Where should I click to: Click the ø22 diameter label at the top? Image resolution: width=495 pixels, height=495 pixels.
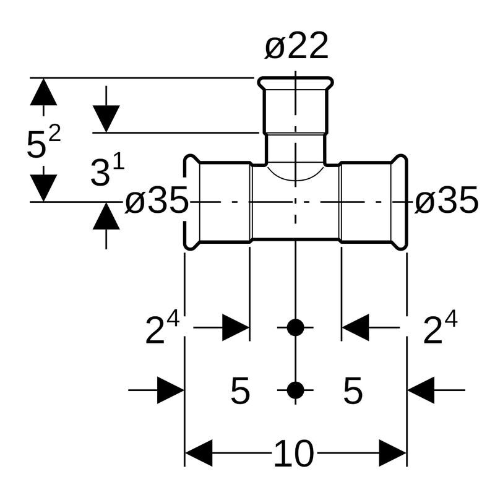tap(296, 47)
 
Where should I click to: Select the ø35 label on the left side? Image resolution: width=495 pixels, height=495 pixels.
tap(156, 201)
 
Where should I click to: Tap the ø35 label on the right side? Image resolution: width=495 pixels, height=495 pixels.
tap(446, 201)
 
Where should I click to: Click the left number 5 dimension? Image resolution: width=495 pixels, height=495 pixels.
tap(240, 391)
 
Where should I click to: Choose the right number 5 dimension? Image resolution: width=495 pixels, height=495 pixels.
tap(353, 391)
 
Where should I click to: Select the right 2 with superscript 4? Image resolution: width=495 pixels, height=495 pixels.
tap(440, 329)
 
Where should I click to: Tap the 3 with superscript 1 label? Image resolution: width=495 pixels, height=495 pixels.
tap(107, 171)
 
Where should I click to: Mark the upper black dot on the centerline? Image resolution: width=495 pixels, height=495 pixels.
tap(296, 327)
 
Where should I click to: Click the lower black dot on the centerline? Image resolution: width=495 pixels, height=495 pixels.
tap(296, 390)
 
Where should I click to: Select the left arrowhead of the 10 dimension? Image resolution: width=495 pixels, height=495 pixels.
tap(199, 454)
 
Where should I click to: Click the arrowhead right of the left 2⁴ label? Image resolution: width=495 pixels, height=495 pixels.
tap(236, 327)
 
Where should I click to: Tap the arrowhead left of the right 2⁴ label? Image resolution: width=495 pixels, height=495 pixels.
tap(355, 327)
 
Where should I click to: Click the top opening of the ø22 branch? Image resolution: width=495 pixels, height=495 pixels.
tap(296, 82)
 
